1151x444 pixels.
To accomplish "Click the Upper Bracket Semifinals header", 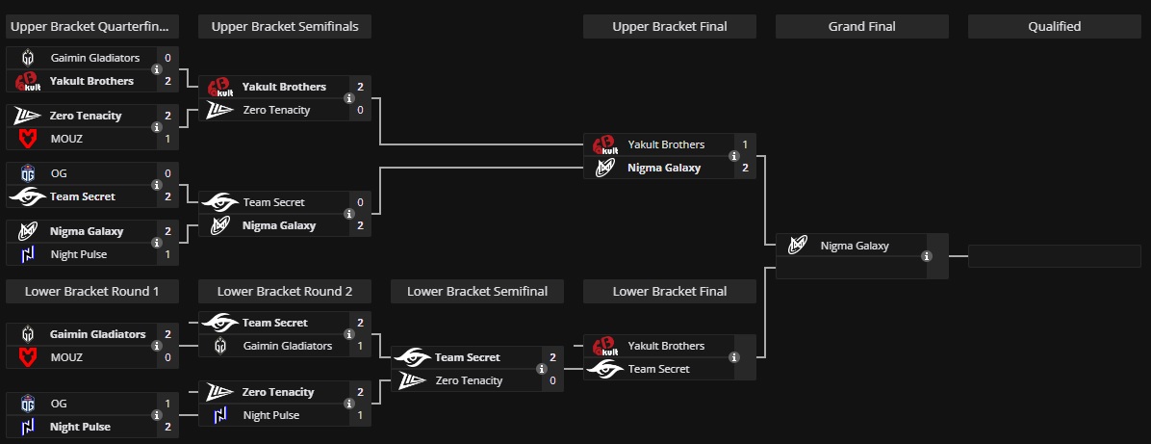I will click(285, 27).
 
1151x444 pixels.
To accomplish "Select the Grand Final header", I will click(861, 27).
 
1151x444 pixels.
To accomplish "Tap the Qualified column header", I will click(1054, 27).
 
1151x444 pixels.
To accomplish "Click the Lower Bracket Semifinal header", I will click(477, 291).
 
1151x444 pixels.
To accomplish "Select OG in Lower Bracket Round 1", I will click(60, 404).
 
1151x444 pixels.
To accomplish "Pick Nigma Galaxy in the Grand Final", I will click(855, 246).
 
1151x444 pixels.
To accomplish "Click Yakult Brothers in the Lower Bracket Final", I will click(666, 346).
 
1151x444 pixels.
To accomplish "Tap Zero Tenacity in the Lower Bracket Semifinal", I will click(469, 380).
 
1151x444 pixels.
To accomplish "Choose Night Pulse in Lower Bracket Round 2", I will click(271, 415).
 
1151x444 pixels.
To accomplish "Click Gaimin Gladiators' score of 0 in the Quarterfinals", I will click(167, 58).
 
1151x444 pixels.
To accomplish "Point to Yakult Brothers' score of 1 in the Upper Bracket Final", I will click(745, 144).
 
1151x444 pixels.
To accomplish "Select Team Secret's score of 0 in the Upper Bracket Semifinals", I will click(360, 202).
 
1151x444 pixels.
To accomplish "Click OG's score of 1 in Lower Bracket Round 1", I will click(167, 404).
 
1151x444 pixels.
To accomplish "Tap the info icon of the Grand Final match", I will click(927, 256).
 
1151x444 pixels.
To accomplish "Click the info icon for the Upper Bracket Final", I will click(734, 156).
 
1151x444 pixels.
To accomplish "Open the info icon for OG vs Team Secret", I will click(157, 185).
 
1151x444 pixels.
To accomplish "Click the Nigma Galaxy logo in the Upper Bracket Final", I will click(605, 168).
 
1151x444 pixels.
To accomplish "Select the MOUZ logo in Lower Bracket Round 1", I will click(28, 357).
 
